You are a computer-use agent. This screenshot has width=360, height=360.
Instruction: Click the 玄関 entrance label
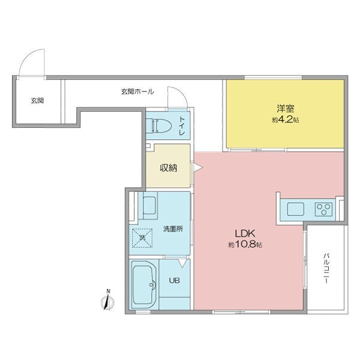(37, 101)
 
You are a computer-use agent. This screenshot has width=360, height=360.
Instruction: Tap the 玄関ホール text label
(137, 92)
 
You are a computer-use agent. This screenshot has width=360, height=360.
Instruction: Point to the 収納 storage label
(168, 168)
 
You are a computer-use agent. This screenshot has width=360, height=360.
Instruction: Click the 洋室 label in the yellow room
(284, 109)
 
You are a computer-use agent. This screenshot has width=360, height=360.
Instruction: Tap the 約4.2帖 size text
(284, 119)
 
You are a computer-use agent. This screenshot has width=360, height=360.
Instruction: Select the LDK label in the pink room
(245, 233)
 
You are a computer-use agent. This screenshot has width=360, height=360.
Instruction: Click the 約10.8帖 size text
(245, 245)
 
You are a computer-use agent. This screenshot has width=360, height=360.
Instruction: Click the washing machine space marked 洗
(143, 238)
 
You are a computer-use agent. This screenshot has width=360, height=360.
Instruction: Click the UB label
(175, 280)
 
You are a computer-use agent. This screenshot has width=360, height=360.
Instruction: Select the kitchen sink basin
(296, 209)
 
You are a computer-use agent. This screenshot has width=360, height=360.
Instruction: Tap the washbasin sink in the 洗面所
(148, 207)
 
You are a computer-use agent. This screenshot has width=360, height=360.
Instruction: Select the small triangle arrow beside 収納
(196, 169)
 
